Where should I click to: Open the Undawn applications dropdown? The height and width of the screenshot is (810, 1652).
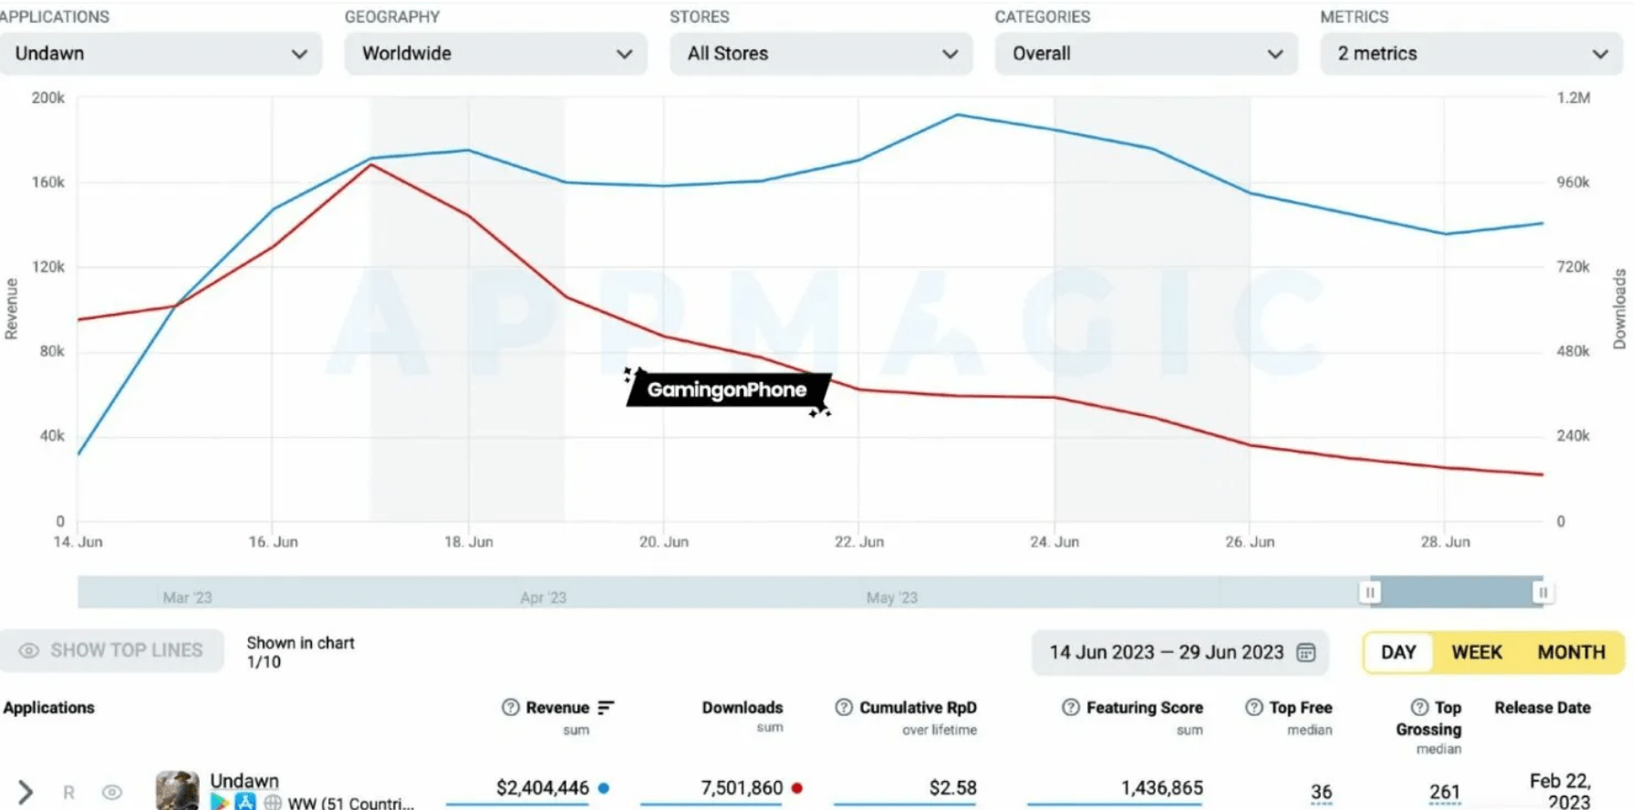tap(161, 54)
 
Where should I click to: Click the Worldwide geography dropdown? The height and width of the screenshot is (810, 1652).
tap(495, 54)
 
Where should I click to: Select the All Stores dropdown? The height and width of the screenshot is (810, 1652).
tap(820, 54)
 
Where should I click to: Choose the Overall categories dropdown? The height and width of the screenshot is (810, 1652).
tap(1146, 54)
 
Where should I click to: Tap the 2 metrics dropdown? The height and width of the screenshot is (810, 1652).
tap(1470, 54)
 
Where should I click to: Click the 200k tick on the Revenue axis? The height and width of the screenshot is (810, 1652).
tap(48, 98)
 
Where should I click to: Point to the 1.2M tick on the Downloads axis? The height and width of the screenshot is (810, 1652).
tap(1573, 98)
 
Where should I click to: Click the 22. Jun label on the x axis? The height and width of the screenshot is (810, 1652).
tap(858, 542)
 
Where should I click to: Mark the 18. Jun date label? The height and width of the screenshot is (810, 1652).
tap(468, 542)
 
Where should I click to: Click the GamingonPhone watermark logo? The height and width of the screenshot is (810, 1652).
tap(727, 389)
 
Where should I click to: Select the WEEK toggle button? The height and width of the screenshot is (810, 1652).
tap(1476, 652)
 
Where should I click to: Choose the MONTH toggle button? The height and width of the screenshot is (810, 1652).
tap(1571, 652)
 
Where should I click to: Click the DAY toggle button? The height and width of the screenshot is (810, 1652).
tap(1397, 652)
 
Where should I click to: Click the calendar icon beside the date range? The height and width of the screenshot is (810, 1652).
tap(1306, 652)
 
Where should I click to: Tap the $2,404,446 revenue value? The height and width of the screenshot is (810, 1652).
tap(542, 788)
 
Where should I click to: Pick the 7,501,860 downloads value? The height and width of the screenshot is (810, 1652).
tap(741, 788)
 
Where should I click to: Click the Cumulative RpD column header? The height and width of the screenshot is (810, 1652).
tap(917, 708)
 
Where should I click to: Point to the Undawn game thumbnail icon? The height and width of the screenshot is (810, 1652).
tap(177, 791)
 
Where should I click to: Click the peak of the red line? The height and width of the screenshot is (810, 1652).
tap(371, 164)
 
